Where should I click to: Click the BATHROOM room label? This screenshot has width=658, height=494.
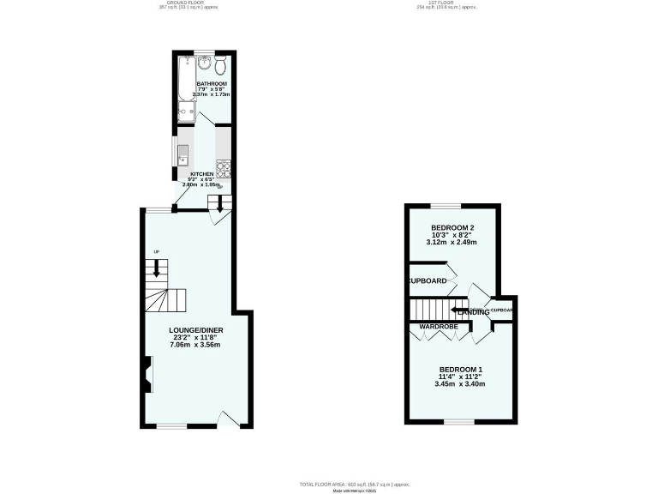click(211, 84)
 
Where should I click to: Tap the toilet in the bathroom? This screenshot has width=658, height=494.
click(221, 67)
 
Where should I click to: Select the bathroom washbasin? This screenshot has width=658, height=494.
click(204, 63)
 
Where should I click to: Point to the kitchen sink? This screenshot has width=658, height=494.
click(182, 155)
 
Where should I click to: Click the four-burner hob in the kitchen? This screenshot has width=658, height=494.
click(223, 168)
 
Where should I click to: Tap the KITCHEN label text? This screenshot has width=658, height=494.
click(201, 174)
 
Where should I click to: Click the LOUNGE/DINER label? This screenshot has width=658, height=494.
click(196, 330)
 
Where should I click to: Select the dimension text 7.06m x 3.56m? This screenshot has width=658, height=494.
click(196, 345)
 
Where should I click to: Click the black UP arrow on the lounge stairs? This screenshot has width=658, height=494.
click(156, 267)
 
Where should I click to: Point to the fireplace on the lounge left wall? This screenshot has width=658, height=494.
click(148, 374)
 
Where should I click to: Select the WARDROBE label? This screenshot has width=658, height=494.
click(439, 327)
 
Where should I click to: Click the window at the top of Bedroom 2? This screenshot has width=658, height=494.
click(446, 206)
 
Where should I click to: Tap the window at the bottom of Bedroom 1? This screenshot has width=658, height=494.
click(459, 421)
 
